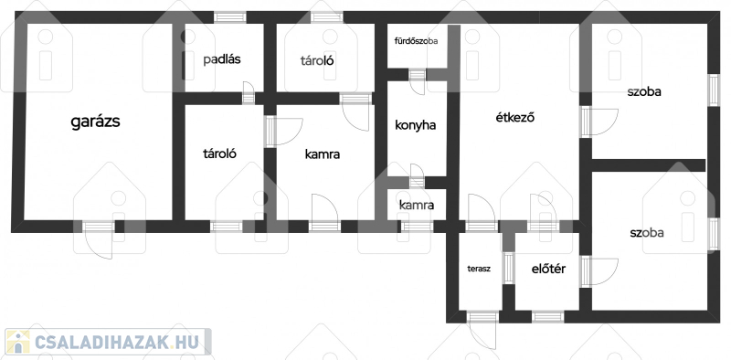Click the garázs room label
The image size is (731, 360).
point(96,122)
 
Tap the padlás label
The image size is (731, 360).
point(222,59)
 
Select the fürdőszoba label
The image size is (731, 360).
point(417,41)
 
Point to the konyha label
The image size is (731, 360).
point(416,125)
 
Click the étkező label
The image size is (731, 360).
point(514,118)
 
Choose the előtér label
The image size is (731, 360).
point(549,269)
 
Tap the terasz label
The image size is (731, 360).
point(479,269)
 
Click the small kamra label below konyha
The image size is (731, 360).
point(417,205)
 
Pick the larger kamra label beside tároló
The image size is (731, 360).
point(323,154)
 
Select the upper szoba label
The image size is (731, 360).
point(644,92)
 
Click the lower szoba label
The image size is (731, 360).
point(647,233)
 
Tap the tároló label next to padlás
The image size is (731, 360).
point(317,60)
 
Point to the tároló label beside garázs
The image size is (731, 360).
point(219,154)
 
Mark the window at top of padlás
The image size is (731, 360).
point(230,17)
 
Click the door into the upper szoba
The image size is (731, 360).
point(599,122)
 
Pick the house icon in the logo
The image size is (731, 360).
point(17,342)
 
